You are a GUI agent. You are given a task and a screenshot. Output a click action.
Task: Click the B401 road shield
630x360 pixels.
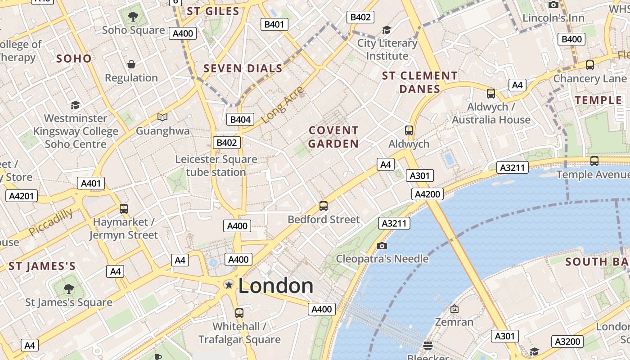(x=274, y=24)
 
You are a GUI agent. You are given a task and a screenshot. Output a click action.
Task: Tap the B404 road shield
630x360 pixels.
(x=240, y=119)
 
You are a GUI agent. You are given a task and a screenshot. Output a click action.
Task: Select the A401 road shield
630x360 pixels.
(x=91, y=183)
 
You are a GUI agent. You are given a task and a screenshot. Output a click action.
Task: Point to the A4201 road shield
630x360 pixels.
(x=22, y=196)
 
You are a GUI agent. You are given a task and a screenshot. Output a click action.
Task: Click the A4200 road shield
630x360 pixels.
(x=427, y=194)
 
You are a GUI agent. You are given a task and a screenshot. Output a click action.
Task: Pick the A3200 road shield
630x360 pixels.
(x=567, y=342)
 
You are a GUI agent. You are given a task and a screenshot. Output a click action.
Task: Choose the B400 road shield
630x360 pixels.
(x=571, y=39)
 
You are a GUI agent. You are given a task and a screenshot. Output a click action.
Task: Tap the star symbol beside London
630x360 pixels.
(x=229, y=285)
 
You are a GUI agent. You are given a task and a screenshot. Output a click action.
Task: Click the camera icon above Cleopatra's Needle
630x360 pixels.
(x=382, y=246)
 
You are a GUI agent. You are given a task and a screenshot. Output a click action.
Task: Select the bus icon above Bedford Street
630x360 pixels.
(x=324, y=206)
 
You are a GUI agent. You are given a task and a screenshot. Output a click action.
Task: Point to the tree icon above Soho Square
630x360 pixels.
(x=133, y=17)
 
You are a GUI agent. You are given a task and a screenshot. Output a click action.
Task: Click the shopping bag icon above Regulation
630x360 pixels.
(x=131, y=64)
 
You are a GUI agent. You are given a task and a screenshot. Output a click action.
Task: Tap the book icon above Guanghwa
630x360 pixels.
(x=162, y=117)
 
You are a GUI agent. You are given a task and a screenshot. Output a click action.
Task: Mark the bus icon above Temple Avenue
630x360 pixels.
(x=594, y=161)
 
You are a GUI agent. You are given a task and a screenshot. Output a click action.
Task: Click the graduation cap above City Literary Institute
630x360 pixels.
(x=387, y=30)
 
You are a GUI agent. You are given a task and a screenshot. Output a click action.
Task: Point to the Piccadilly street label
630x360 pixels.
(x=50, y=222)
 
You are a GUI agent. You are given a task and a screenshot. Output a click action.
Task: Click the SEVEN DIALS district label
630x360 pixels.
(x=243, y=68)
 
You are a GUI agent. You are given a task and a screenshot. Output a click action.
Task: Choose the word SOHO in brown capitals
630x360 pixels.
(x=74, y=58)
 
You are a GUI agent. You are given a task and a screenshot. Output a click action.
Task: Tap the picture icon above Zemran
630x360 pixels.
(x=454, y=309)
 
